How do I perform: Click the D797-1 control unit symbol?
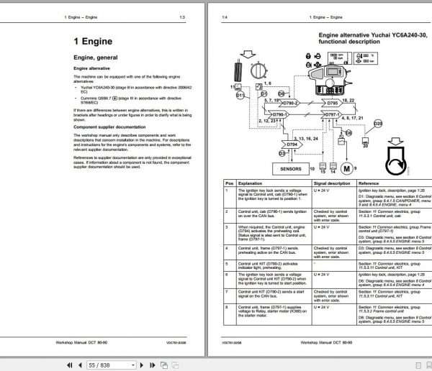tap(332, 114)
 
